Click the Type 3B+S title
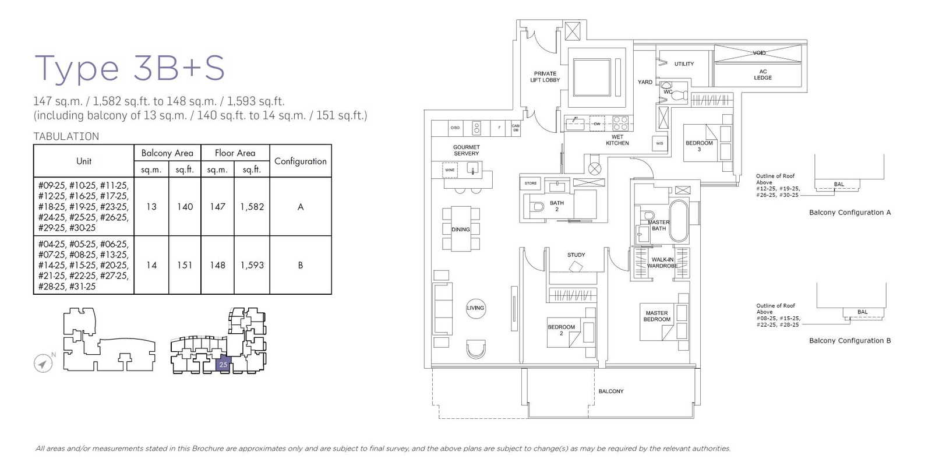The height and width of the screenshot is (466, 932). click(129, 68)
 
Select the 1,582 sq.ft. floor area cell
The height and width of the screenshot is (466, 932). click(252, 207)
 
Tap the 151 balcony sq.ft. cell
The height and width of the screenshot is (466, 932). click(185, 265)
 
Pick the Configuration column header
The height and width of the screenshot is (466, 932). click(300, 161)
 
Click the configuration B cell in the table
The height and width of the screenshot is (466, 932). click(300, 265)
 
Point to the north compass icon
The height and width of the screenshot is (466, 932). click(43, 363)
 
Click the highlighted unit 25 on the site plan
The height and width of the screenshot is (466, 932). click(223, 364)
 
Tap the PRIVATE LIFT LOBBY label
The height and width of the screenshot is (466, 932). click(545, 77)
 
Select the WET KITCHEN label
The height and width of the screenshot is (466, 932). click(617, 140)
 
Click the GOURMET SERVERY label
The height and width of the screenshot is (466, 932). click(466, 150)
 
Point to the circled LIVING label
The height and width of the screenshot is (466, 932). click(475, 308)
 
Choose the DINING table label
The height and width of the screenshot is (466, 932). click(460, 230)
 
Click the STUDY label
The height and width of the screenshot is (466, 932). click(576, 255)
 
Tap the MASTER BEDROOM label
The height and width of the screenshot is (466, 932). click(656, 316)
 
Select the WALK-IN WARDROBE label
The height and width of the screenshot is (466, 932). click(662, 263)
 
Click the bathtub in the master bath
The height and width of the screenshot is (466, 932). click(679, 221)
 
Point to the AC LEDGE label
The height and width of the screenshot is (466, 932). click(762, 75)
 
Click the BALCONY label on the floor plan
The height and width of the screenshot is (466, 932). click(610, 391)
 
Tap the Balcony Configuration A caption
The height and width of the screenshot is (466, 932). click(849, 213)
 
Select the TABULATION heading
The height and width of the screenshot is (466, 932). click(66, 136)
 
